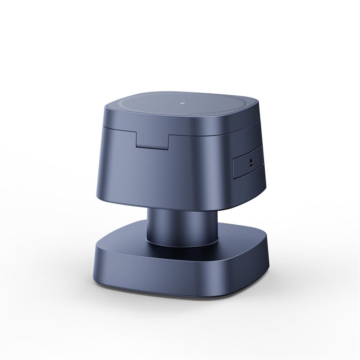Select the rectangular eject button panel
coord(248,164)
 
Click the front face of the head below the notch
coord(158,173)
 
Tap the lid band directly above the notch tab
coord(152,128)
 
